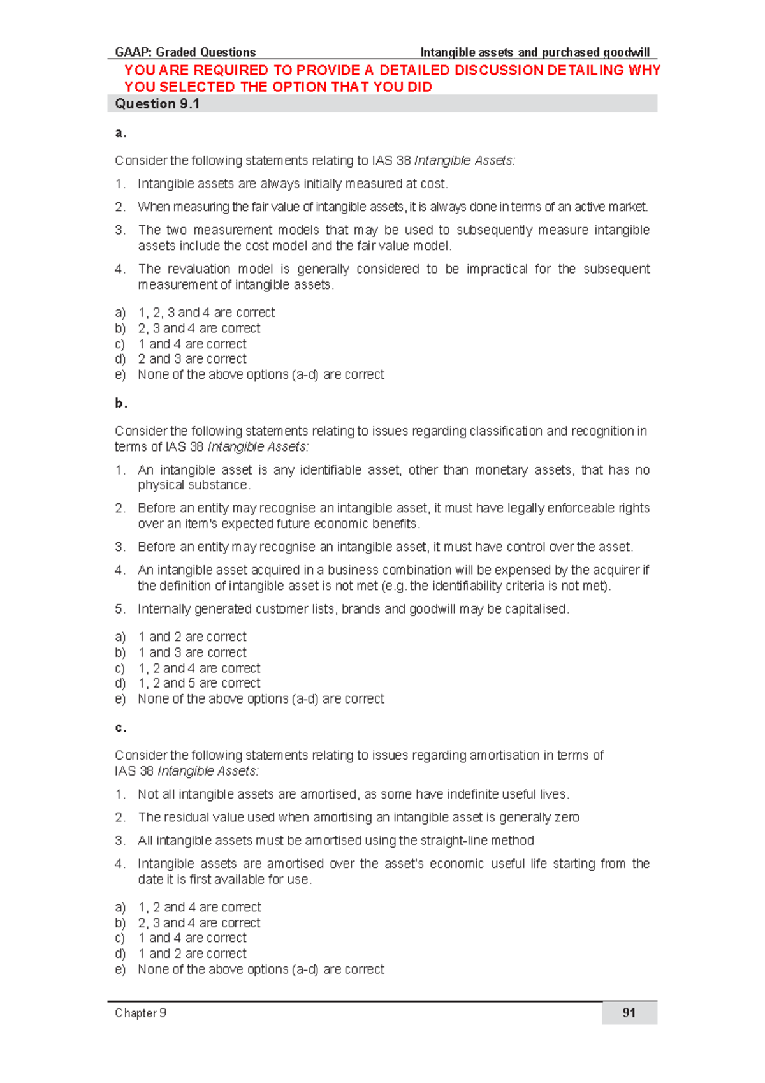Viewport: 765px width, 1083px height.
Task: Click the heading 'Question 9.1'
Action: click(157, 104)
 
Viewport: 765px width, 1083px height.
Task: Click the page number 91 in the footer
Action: click(629, 1013)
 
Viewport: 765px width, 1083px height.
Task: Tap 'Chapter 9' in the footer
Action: click(140, 1013)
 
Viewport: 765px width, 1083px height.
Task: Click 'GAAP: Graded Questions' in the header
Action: click(185, 52)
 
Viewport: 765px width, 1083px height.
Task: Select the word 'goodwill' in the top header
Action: click(626, 52)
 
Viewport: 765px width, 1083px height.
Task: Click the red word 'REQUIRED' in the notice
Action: click(230, 70)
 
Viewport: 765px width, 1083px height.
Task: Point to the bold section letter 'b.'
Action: click(121, 403)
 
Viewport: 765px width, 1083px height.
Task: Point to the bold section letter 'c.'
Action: click(120, 728)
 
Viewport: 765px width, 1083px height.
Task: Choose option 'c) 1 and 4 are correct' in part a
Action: click(191, 344)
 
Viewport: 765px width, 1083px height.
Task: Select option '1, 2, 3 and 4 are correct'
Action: click(206, 313)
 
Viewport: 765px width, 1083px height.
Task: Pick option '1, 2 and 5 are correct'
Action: click(198, 683)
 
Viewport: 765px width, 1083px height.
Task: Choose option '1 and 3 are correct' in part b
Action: click(191, 652)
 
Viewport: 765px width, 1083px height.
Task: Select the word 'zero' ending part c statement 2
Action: click(567, 818)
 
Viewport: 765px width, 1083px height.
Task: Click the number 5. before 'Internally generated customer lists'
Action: click(120, 609)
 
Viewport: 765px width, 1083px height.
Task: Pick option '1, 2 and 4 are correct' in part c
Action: click(199, 907)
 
